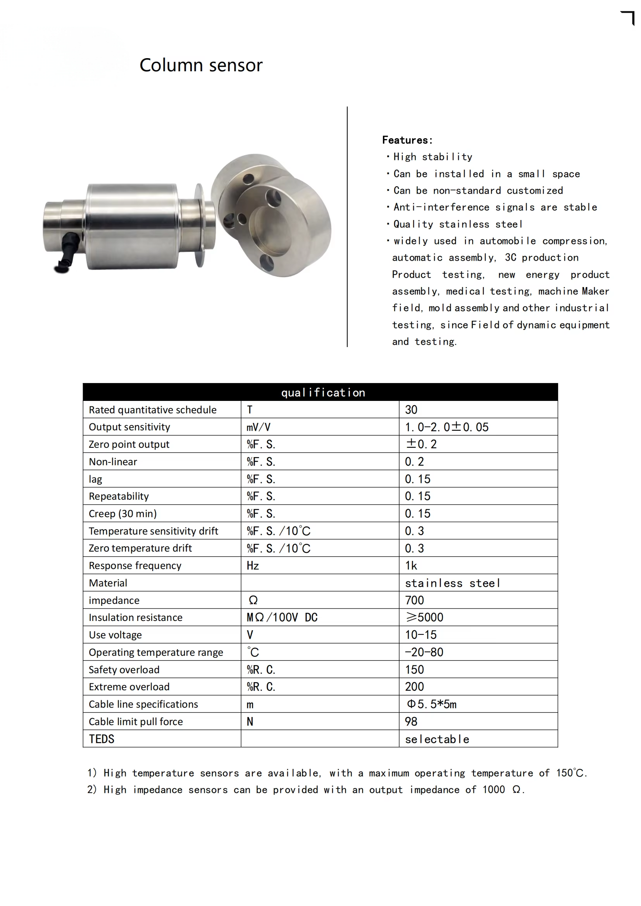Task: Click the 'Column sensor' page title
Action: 201,65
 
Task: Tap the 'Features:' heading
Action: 407,140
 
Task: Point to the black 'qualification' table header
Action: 320,392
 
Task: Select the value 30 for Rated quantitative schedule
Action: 411,409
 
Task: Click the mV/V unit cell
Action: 258,427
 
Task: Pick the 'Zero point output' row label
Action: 129,444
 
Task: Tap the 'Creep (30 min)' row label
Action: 123,513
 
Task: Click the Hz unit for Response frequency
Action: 253,566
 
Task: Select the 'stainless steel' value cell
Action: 452,583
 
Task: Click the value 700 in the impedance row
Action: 414,600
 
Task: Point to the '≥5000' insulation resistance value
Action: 425,617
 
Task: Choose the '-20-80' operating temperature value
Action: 424,652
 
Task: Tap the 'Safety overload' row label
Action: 124,670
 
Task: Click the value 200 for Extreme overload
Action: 414,687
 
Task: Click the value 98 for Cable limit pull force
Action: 411,721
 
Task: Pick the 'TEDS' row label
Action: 102,739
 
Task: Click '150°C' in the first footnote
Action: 570,773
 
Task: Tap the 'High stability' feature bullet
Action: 433,157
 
